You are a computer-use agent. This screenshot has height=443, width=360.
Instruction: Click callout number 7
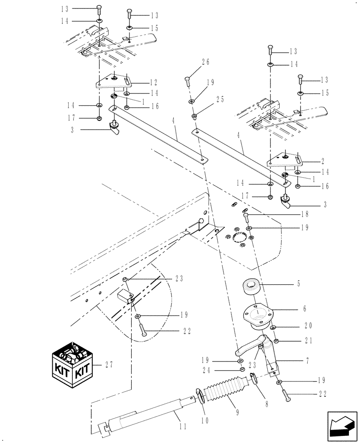[305, 361]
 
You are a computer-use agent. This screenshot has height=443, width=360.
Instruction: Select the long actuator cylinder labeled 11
[146, 412]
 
